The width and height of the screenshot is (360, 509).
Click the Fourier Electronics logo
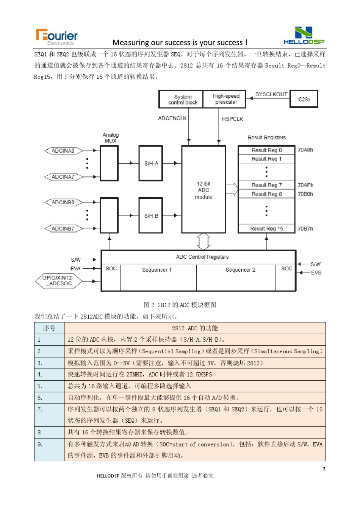[57, 36]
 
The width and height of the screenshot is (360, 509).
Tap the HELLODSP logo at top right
[304, 36]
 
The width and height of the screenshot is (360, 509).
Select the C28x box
[304, 99]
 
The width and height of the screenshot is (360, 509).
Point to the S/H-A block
[151, 164]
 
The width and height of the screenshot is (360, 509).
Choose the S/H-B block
[151, 216]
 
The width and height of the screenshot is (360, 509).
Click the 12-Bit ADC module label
[203, 190]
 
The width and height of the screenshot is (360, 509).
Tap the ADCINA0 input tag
[63, 151]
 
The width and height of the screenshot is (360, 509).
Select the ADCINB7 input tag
[63, 229]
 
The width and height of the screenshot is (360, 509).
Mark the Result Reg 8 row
[266, 194]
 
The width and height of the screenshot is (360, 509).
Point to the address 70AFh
[305, 185]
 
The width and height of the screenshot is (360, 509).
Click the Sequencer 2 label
[240, 270]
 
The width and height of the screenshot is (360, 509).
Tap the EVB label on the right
[316, 273]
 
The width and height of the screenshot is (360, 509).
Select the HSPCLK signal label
[232, 119]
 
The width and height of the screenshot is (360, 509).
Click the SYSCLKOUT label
[271, 94]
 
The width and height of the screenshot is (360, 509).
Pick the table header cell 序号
[49, 328]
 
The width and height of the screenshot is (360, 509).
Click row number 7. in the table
[40, 409]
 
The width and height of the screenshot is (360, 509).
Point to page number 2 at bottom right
[324, 469]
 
